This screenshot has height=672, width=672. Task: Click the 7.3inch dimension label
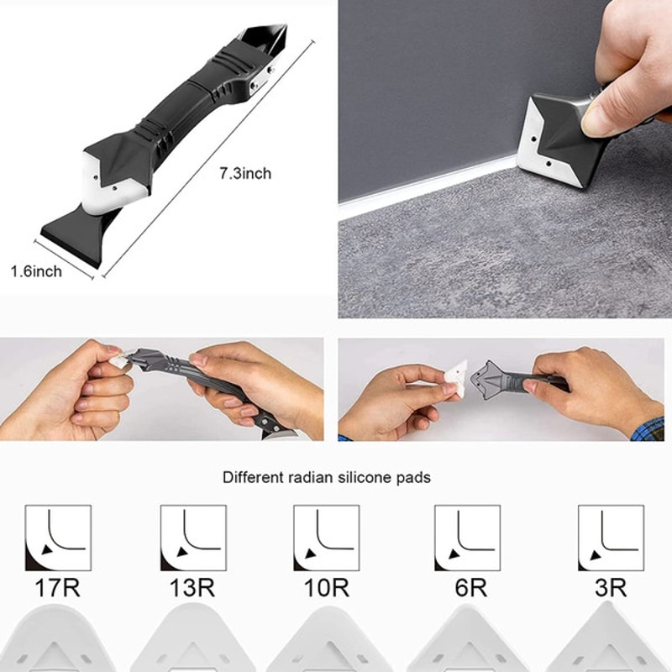coord(245,174)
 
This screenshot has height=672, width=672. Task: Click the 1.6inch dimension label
coord(36,271)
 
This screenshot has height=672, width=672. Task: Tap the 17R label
coord(58,587)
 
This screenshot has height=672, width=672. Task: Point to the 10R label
coord(326,587)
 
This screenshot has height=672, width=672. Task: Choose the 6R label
coord(470,587)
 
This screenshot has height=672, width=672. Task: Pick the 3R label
coord(611,587)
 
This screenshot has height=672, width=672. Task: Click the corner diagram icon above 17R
coord(58,538)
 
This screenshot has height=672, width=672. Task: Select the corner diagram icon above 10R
coord(326,538)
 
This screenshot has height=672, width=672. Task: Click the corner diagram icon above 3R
coord(611,538)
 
